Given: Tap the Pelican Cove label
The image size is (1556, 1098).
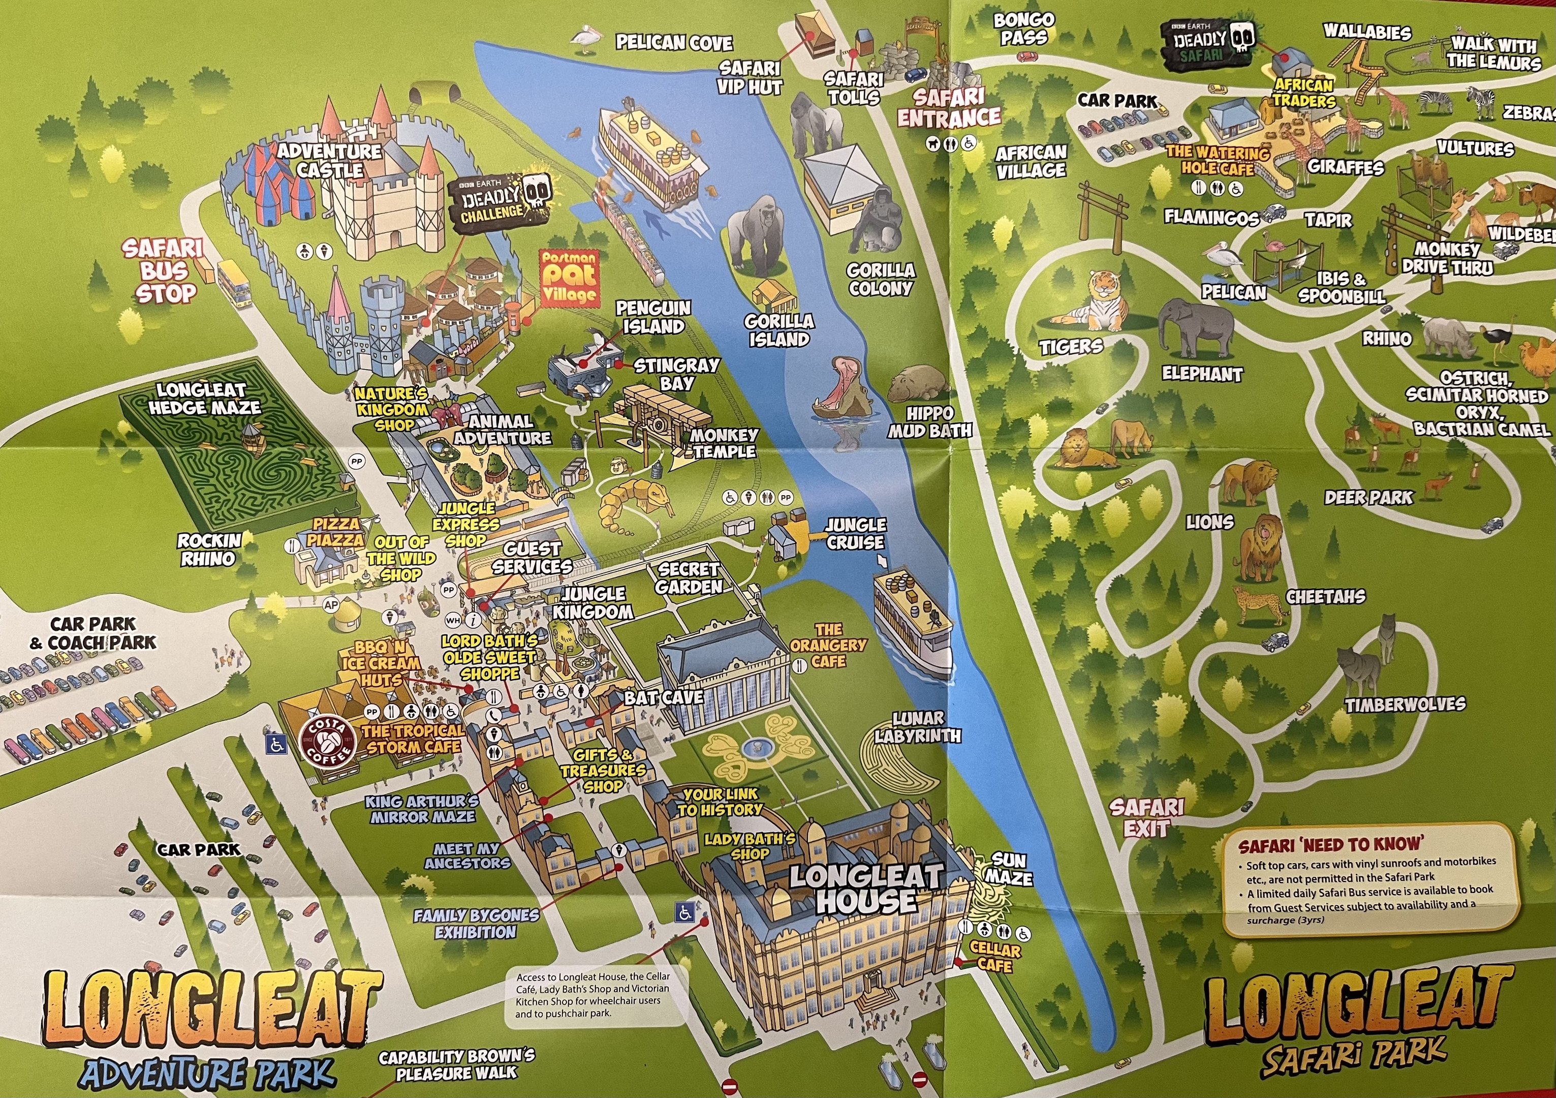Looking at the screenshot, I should coord(674,43).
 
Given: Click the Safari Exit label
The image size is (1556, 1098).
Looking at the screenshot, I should coord(1146,817).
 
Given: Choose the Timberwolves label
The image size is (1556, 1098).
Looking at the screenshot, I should coord(1405,705).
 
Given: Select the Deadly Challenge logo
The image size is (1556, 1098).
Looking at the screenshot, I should coord(500,202).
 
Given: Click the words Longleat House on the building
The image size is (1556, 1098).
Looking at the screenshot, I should coord(865,889).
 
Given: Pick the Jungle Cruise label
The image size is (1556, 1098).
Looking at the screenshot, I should coord(855,533).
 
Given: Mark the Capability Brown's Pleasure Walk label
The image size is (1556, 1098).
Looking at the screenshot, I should coord(456,1065).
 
